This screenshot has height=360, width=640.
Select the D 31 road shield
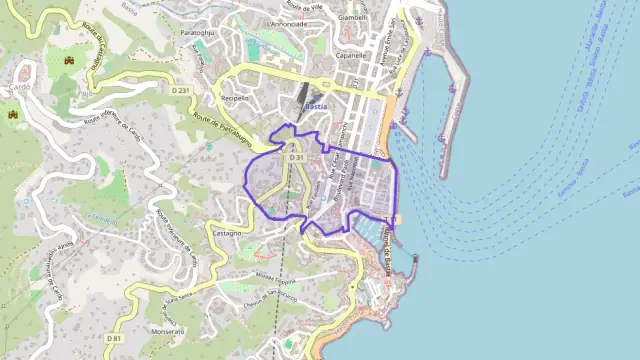click(x=295, y=158)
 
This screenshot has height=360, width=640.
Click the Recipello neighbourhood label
click(x=234, y=99)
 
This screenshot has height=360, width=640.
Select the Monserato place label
click(x=167, y=330)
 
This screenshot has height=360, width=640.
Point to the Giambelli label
click(x=352, y=17)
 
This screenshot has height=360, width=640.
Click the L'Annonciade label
click(x=287, y=23)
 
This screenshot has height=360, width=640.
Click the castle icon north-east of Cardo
click(x=69, y=62)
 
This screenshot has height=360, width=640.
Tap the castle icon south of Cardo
click(x=14, y=115)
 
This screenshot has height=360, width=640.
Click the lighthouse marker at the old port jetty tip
click(x=415, y=258)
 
